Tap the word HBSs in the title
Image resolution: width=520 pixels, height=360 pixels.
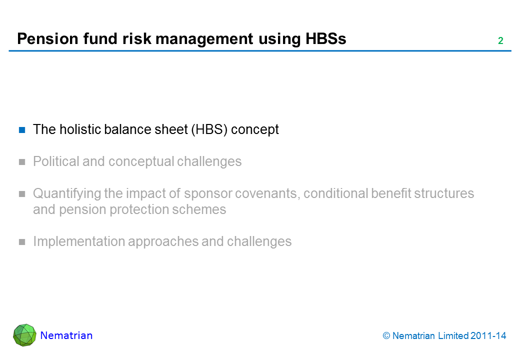325,39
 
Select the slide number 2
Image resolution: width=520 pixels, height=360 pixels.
500,41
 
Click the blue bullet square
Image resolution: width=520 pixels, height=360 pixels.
22,130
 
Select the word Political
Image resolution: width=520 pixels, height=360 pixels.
56,161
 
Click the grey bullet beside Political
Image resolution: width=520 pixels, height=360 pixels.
22,162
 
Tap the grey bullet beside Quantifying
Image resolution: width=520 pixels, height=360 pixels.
22,194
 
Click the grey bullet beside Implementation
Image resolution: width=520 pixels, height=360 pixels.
22,242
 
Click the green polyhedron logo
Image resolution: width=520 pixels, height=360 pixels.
24,335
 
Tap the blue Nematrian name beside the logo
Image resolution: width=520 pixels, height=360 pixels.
66,335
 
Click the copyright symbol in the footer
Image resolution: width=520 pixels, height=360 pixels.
386,336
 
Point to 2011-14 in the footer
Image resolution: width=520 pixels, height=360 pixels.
488,336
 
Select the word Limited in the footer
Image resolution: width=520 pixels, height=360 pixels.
453,336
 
